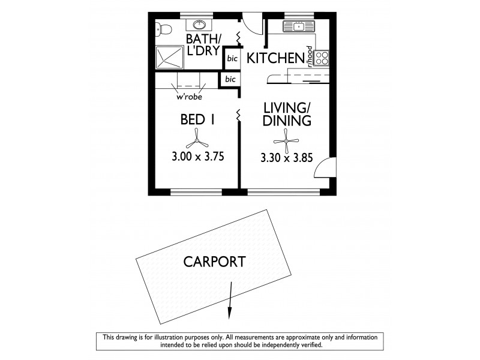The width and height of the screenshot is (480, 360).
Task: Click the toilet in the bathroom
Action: [x=163, y=28]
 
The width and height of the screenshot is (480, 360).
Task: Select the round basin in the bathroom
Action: [x=199, y=25]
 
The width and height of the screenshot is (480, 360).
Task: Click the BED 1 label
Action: [x=197, y=120]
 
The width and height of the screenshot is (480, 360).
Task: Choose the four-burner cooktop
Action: [x=322, y=58]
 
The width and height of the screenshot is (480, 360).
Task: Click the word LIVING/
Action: [x=287, y=109]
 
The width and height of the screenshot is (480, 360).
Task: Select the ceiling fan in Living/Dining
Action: [x=287, y=142]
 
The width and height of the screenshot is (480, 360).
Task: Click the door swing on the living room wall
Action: [x=323, y=167]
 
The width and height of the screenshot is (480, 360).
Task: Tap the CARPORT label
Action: [x=214, y=262]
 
